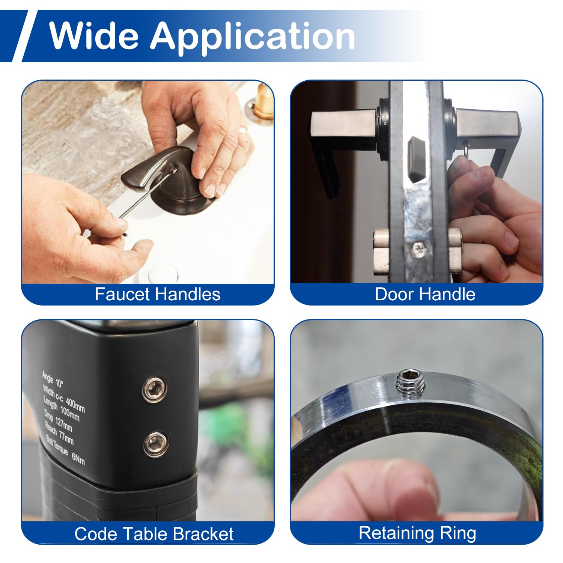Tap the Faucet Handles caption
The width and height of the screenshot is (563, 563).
[158, 294]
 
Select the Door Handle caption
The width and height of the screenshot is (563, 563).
[425, 294]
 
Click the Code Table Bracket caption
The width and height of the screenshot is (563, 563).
[154, 534]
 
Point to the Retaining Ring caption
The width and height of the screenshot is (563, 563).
[417, 533]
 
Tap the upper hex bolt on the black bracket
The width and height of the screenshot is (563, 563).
[154, 389]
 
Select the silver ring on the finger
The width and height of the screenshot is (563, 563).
[244, 130]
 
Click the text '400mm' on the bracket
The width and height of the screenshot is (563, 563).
[75, 404]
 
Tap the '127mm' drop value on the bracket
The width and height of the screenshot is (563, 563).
[63, 424]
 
